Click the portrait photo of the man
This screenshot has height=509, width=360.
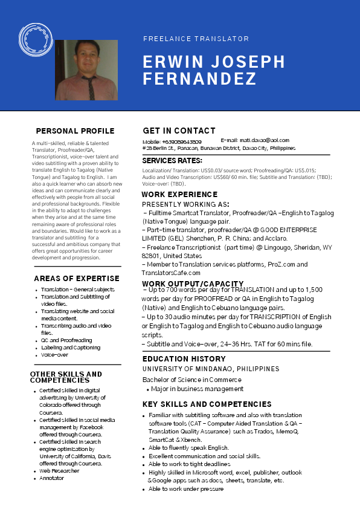[x=86, y=70]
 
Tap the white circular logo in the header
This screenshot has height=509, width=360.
[x=35, y=40]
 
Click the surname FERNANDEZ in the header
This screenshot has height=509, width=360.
[x=199, y=79]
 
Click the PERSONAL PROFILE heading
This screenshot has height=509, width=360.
[x=75, y=131]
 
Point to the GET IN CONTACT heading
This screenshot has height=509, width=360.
[x=179, y=131]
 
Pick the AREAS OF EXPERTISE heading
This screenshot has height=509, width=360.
[x=77, y=279]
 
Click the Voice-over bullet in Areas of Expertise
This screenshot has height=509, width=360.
[x=54, y=355]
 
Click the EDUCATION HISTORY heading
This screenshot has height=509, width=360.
[x=184, y=359]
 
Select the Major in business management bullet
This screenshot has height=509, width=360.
[x=198, y=389]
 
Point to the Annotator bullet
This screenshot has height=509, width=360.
[x=52, y=478]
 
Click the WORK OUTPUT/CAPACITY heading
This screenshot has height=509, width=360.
[x=193, y=284]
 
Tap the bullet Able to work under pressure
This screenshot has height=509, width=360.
[x=186, y=488]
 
